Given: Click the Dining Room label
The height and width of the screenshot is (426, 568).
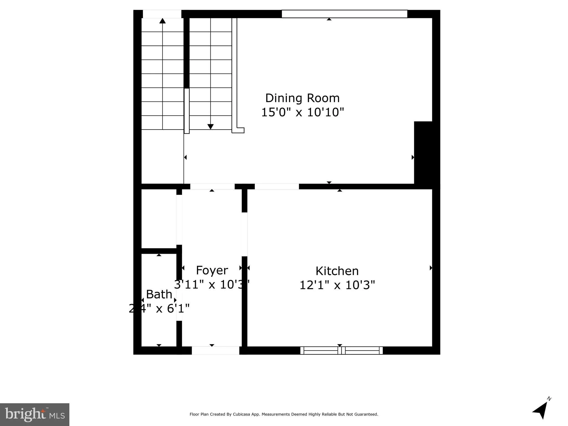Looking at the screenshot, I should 302,98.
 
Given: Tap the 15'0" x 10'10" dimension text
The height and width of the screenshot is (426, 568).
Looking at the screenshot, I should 302,112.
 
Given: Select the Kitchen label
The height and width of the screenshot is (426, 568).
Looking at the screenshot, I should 337,271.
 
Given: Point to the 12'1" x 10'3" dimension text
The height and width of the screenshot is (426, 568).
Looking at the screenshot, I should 337,285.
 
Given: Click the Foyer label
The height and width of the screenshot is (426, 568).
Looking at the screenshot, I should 212,270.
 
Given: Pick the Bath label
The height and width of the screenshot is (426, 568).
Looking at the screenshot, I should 159,294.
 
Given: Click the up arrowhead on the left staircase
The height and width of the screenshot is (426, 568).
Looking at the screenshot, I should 163,21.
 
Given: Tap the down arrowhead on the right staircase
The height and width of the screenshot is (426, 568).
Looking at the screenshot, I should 210,127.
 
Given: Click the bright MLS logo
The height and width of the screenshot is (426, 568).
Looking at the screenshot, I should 35,414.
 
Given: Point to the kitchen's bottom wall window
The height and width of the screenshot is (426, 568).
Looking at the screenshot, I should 341,351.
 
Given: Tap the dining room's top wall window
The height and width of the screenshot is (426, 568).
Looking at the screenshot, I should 344,14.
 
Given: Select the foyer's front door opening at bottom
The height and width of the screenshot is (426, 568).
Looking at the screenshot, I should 215,351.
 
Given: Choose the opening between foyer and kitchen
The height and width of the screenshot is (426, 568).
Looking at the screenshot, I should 244,234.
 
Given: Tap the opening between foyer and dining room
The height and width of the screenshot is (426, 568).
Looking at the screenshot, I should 212,186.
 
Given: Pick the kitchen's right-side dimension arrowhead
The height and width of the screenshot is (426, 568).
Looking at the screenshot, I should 431,268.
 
